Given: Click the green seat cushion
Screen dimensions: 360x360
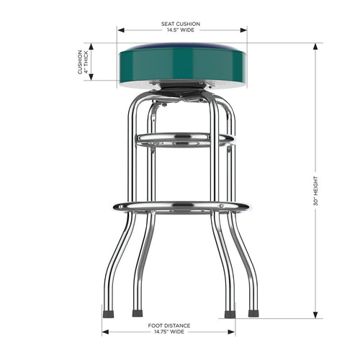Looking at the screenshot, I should [x=182, y=65].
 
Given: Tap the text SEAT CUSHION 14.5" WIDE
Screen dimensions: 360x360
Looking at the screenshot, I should [x=181, y=27].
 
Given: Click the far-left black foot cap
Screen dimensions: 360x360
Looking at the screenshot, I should [x=109, y=314].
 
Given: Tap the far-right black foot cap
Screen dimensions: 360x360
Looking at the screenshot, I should [x=253, y=314].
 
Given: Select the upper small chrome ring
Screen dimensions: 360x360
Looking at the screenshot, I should [x=184, y=138].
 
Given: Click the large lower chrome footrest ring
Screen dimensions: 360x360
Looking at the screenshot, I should [x=181, y=207].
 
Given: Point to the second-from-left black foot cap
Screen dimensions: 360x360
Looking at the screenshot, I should [x=137, y=314].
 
